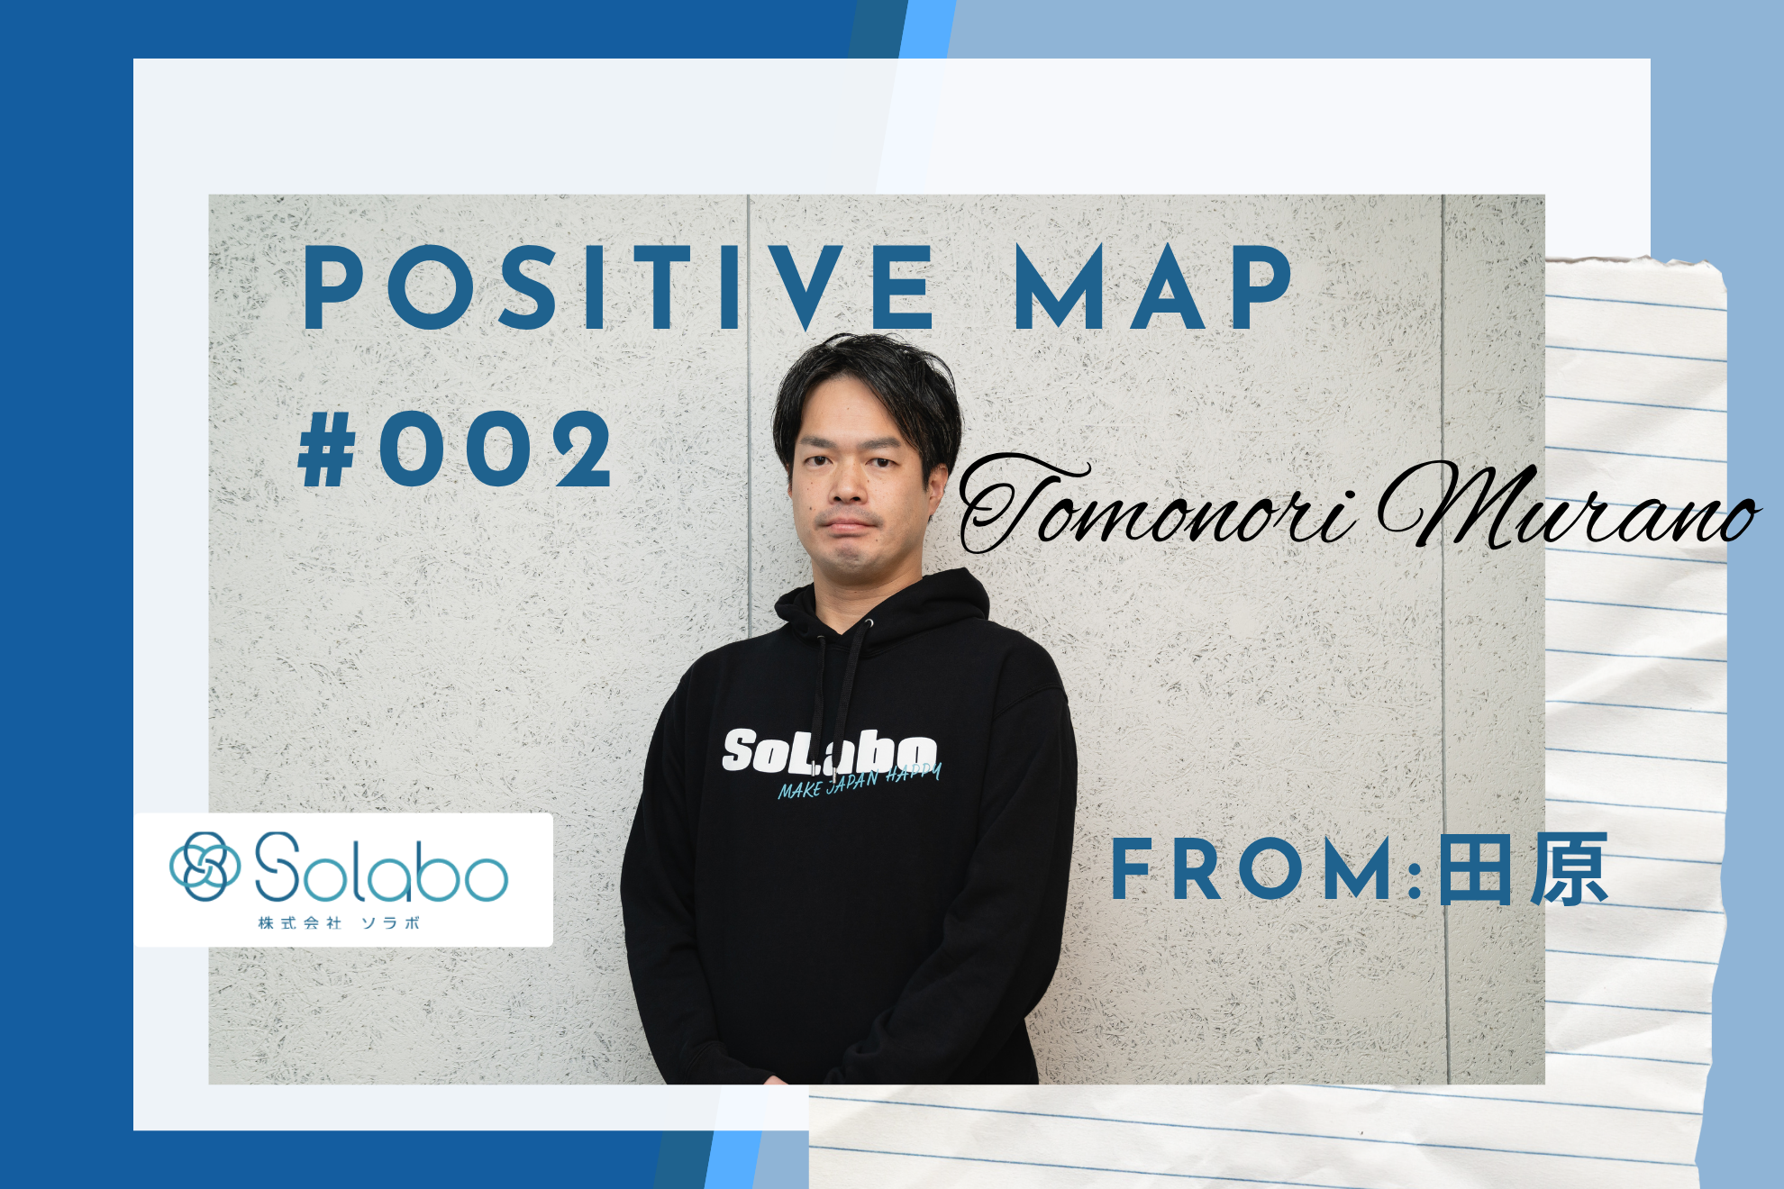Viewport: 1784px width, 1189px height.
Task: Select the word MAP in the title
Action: [x=1153, y=288]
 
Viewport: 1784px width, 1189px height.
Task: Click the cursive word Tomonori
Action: [x=1153, y=509]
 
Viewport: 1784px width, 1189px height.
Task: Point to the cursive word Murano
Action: [x=1568, y=509]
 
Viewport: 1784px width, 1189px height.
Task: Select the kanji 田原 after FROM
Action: [x=1523, y=870]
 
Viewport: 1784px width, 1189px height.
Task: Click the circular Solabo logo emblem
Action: [x=205, y=866]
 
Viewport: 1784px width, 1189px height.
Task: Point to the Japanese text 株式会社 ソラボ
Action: [x=339, y=923]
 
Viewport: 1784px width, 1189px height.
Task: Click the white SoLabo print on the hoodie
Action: [x=829, y=752]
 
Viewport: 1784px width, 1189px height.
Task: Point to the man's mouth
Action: [x=847, y=525]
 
